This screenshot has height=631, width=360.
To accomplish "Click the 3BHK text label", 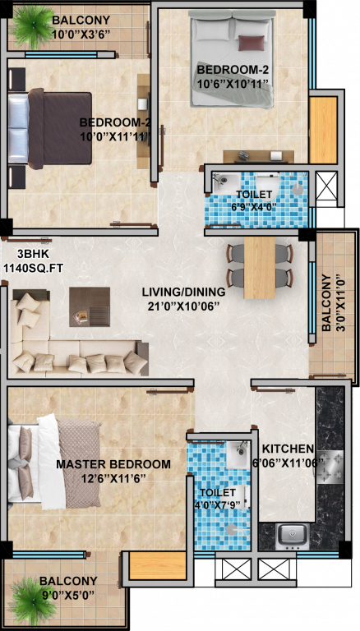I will tap(20, 255).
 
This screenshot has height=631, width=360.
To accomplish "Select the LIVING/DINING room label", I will tap(181, 291).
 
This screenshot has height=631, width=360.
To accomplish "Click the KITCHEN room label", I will tap(288, 449).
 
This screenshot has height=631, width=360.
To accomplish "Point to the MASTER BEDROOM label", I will tap(113, 464).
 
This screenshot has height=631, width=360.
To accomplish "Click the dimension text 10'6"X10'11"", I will tap(233, 83).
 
